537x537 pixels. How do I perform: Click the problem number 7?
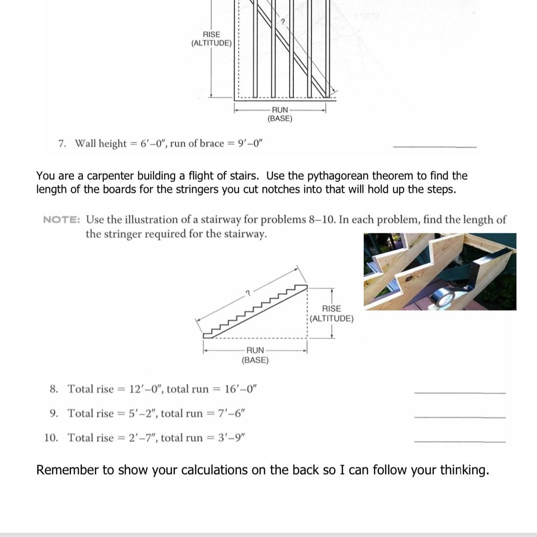(x=62, y=143)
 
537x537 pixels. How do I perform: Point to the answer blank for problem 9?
(x=459, y=417)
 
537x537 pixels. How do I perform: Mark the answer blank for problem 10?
(x=459, y=441)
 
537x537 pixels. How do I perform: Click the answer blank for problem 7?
(x=435, y=147)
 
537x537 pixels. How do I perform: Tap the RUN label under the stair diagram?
(x=255, y=350)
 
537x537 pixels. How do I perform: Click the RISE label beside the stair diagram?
(x=332, y=309)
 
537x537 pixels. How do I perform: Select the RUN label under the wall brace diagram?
(x=280, y=110)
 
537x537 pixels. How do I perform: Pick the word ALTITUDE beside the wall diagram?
(x=211, y=43)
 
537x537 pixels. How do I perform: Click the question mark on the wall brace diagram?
(x=282, y=22)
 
